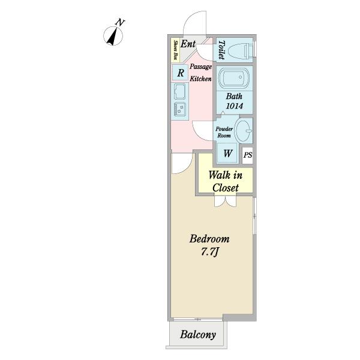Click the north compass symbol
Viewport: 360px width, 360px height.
(113, 36)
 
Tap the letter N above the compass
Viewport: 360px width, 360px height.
(120, 23)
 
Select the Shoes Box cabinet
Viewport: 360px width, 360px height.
(176, 50)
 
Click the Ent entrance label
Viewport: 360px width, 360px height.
(188, 44)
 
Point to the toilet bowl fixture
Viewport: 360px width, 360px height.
(241, 50)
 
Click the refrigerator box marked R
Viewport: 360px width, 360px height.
(181, 73)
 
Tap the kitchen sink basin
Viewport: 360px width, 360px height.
(180, 91)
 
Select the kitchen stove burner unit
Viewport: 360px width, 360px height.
(180, 109)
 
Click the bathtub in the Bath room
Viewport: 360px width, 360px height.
(233, 77)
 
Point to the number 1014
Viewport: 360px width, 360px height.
(235, 106)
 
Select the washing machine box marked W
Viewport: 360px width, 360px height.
(227, 153)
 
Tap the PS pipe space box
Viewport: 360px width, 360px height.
(248, 155)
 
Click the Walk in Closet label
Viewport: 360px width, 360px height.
(226, 182)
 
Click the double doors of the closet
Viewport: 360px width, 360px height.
(225, 202)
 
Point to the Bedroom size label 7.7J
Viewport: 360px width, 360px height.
(209, 252)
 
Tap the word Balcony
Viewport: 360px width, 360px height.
(198, 335)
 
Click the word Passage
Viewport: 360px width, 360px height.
(200, 67)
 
